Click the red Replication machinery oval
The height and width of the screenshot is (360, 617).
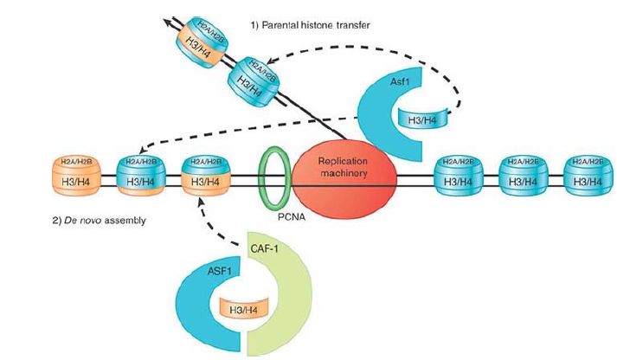tap(344, 174)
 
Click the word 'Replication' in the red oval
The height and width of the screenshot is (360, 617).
tap(344, 162)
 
